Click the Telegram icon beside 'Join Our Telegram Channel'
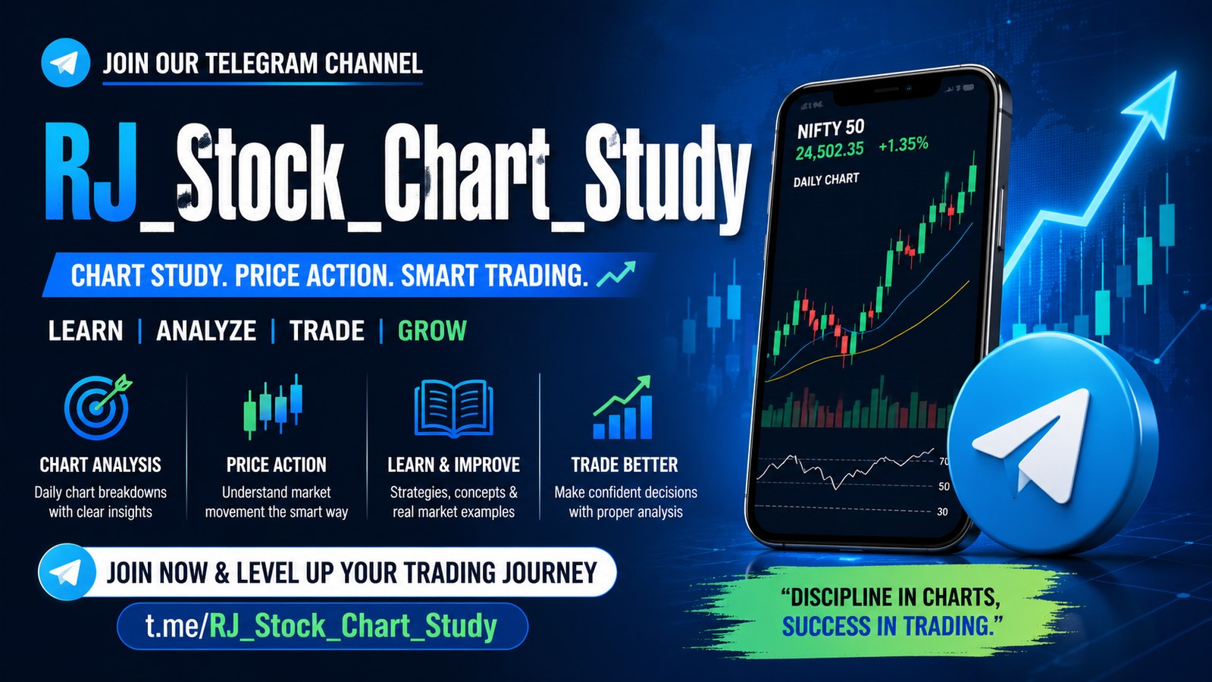(65, 63)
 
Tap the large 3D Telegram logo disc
(1052, 443)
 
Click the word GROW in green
(432, 330)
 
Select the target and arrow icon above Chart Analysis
(98, 407)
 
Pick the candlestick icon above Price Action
(273, 406)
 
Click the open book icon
(453, 408)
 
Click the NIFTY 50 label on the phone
(831, 129)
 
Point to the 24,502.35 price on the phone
(829, 150)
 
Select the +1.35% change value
(903, 144)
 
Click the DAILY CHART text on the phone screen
(825, 180)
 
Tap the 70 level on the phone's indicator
(944, 461)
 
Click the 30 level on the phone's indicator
(942, 511)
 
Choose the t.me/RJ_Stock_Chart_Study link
(321, 626)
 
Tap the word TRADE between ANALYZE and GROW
(326, 330)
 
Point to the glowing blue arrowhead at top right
(1151, 103)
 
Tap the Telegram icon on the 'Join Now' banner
(67, 572)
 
